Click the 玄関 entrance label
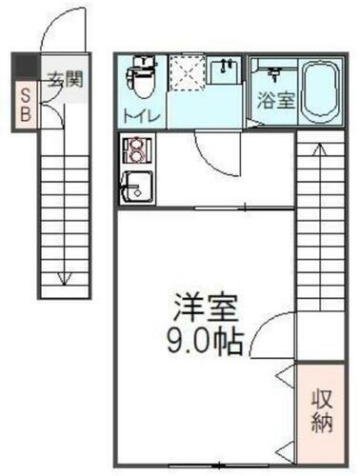(x=65, y=78)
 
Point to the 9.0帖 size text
(x=205, y=340)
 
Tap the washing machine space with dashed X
(x=187, y=73)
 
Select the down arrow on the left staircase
(x=63, y=276)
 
